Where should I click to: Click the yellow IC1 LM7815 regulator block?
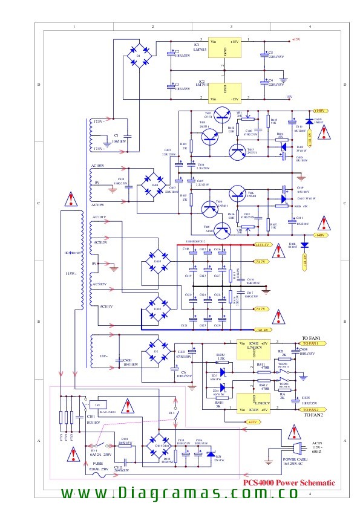(225, 49)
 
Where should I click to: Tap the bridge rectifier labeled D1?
(138, 57)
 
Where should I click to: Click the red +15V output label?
(296, 40)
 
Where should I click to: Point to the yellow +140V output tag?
(320, 111)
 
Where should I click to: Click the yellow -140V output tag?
(320, 235)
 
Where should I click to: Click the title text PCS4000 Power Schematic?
(289, 483)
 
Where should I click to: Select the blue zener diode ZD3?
(223, 371)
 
